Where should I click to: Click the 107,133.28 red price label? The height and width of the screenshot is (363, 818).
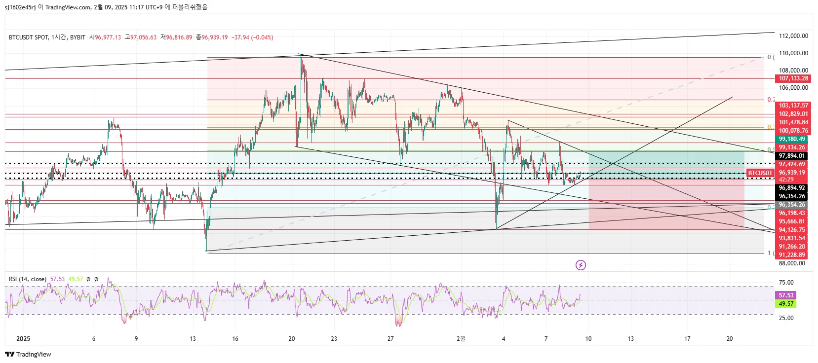[793, 78]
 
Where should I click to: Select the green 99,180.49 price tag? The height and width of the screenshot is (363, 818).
[792, 139]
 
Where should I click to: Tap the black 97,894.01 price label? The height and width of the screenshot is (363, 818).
[792, 156]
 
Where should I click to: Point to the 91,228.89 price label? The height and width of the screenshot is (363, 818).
[792, 255]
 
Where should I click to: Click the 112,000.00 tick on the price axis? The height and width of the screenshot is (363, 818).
[793, 36]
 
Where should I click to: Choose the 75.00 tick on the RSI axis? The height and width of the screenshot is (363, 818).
[786, 283]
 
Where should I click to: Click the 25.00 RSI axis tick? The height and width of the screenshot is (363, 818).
[786, 318]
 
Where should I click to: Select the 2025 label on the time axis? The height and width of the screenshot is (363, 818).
[23, 339]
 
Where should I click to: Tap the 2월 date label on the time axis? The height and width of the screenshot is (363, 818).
[461, 339]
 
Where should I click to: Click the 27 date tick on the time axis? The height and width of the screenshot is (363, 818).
[390, 339]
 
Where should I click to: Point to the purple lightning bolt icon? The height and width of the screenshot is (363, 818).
[581, 265]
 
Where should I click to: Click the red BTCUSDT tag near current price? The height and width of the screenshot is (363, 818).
[760, 173]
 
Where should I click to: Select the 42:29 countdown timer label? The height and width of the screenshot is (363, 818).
[786, 180]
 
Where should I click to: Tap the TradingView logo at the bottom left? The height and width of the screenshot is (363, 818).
[28, 354]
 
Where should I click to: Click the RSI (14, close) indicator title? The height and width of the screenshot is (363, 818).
[28, 279]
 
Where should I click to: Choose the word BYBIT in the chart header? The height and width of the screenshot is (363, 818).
[78, 37]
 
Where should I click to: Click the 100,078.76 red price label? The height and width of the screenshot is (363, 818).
[793, 131]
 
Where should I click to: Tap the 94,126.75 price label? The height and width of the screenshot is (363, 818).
[792, 230]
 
